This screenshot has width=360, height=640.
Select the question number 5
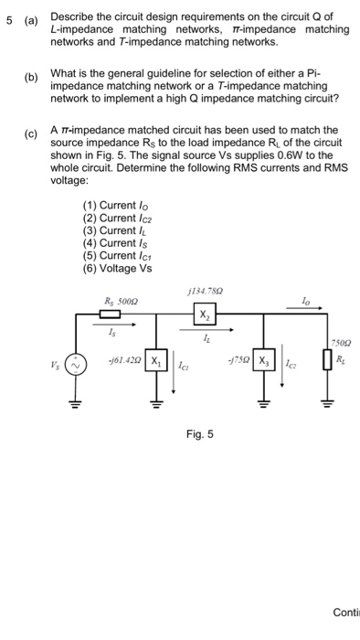(7, 18)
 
